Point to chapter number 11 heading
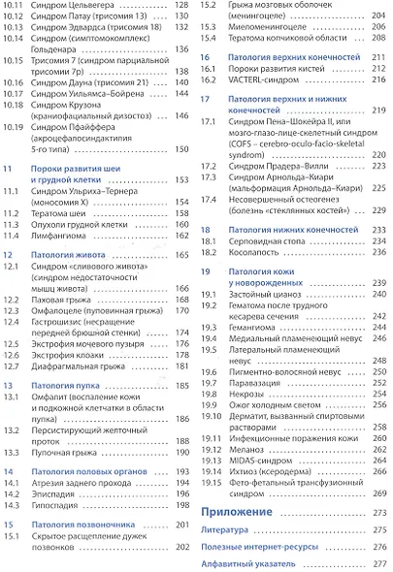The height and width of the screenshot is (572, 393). pos(8,168)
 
